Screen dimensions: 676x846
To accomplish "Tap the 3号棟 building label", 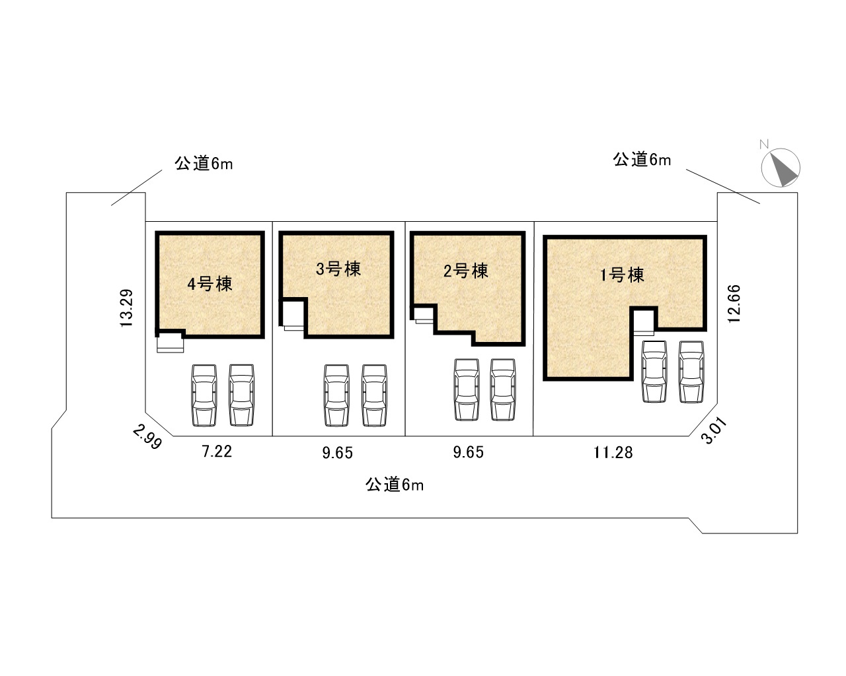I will coord(338,269).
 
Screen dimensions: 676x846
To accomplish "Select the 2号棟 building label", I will coord(466,271).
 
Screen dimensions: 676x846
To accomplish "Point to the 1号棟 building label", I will coord(622,275).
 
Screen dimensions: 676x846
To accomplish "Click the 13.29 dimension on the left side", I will coord(128,308).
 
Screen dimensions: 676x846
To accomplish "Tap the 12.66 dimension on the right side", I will coord(735,303).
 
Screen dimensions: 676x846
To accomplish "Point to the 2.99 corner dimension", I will coord(147,437).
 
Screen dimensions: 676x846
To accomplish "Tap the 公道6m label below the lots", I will coord(394,485).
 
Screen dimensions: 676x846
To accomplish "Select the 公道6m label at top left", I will coord(204,163).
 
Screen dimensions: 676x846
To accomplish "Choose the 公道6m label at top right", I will coord(642,160).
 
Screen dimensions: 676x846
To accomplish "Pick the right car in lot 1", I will coord(691,371).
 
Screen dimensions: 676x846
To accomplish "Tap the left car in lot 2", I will coord(467,389).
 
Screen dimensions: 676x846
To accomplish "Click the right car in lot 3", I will coord(374,395).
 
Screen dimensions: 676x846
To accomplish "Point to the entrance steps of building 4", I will coord(169,342).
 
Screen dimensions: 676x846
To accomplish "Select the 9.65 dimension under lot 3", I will coord(338,452).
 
